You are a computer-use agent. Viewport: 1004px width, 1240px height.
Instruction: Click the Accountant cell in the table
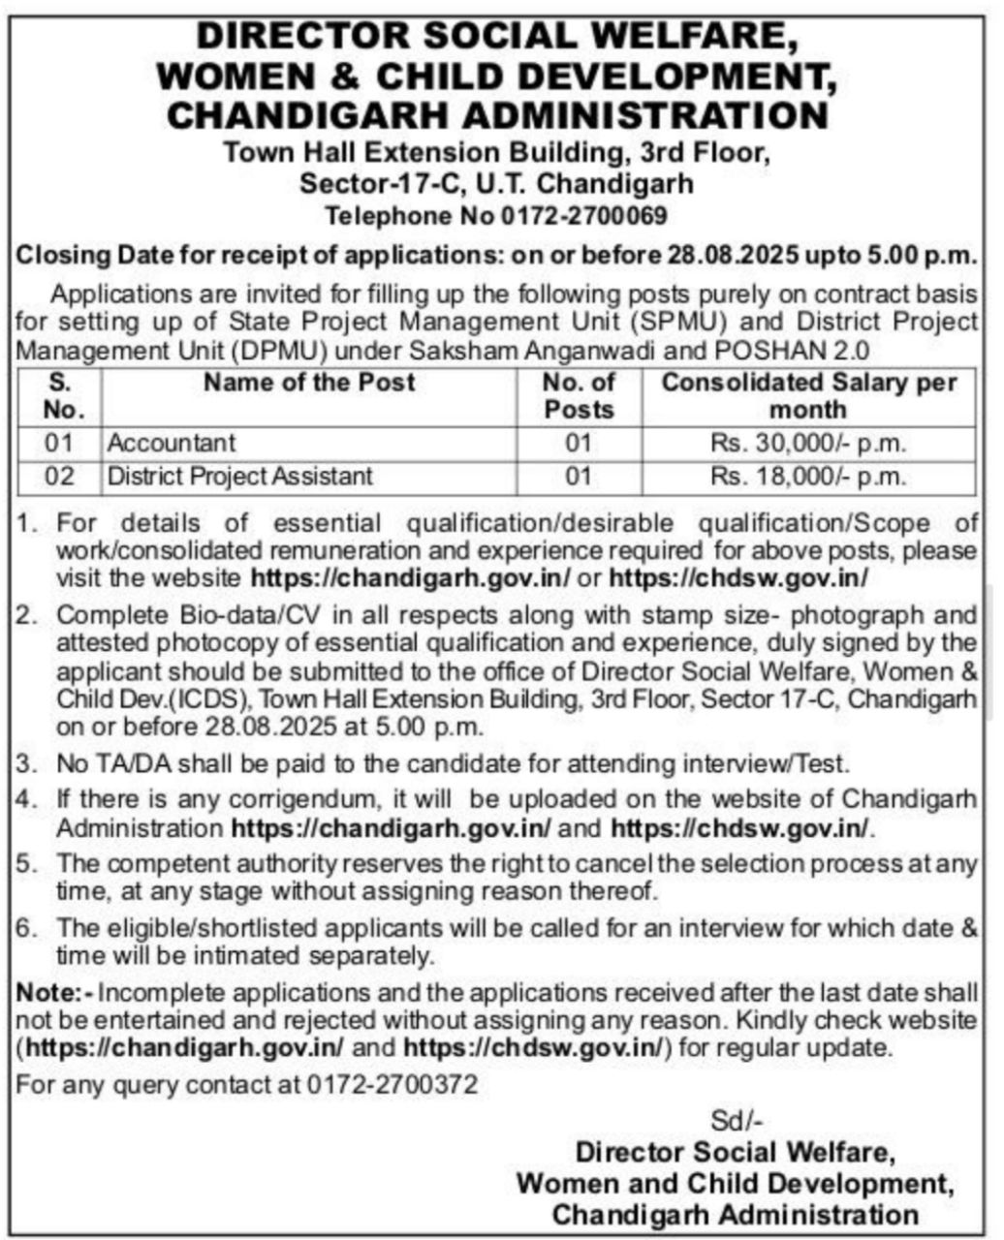(171, 444)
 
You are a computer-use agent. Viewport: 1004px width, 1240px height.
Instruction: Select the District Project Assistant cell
(239, 477)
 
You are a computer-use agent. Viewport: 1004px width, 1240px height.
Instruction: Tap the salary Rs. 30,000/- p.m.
(808, 444)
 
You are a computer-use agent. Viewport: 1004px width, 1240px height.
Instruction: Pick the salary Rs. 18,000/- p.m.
(808, 477)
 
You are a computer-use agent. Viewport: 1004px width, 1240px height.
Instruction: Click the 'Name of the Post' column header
(309, 383)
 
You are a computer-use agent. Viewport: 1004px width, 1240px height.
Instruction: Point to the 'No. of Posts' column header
(579, 395)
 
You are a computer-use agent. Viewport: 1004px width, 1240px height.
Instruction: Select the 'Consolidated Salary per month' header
(808, 395)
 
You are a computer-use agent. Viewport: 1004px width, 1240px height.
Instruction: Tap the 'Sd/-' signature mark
(737, 1121)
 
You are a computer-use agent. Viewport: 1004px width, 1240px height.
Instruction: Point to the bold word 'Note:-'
(55, 993)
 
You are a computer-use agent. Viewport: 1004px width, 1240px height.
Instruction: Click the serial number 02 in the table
(59, 477)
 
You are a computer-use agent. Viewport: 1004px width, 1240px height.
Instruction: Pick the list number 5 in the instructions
(25, 862)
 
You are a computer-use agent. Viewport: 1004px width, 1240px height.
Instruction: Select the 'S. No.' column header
(59, 395)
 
